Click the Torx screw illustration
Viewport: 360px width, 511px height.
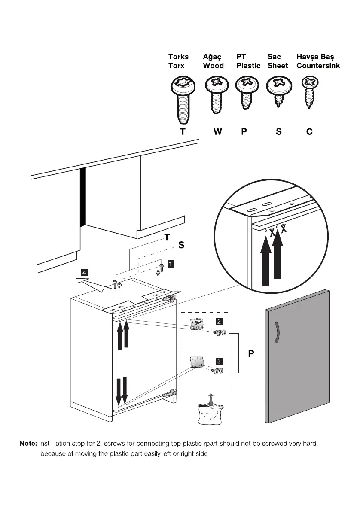pyautogui.click(x=183, y=98)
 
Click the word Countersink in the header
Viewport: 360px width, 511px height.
pyautogui.click(x=318, y=66)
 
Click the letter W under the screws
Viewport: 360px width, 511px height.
pyautogui.click(x=218, y=132)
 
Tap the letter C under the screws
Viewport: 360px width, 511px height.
pyautogui.click(x=309, y=132)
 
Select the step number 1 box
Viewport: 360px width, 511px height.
pyautogui.click(x=171, y=264)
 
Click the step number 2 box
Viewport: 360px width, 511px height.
pyautogui.click(x=219, y=321)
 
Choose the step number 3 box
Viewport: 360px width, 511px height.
pyautogui.click(x=219, y=361)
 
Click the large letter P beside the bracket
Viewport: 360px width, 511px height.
pyautogui.click(x=251, y=354)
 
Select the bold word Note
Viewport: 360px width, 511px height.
pyautogui.click(x=28, y=444)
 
